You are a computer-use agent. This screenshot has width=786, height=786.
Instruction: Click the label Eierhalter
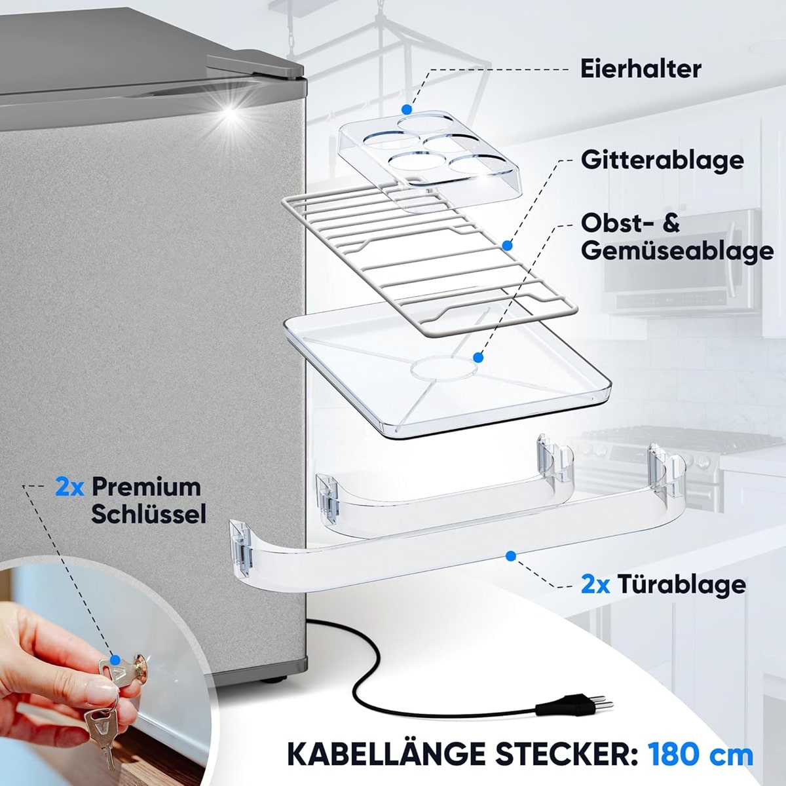click(641, 69)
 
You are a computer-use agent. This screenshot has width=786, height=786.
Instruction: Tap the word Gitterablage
click(662, 160)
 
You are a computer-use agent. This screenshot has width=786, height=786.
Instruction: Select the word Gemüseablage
click(677, 250)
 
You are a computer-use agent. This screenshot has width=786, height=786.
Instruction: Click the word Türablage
click(681, 584)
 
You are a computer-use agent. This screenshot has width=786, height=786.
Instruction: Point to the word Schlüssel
click(149, 514)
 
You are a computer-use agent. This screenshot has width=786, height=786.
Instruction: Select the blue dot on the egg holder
click(406, 109)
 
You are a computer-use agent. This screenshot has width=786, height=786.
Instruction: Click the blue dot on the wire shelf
click(507, 246)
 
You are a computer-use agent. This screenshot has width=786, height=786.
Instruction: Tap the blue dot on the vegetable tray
click(478, 358)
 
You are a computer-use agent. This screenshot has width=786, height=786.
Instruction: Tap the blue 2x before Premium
click(69, 487)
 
